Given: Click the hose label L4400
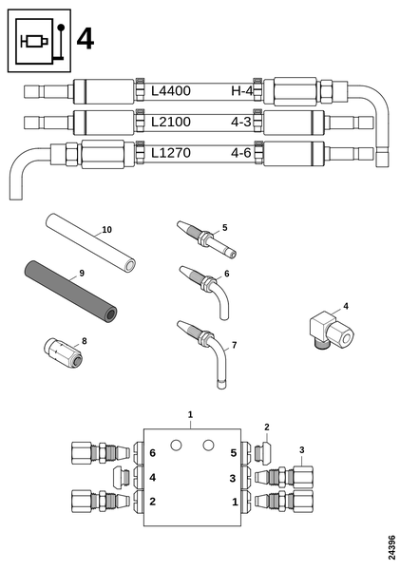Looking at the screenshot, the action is [x=170, y=90].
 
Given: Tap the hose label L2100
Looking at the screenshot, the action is [x=170, y=122].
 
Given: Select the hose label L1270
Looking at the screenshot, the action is [x=170, y=153].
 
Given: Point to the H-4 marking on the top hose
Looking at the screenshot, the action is [x=242, y=90].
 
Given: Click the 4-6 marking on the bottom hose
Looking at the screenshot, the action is [x=241, y=153].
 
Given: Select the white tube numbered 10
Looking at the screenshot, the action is [x=90, y=242].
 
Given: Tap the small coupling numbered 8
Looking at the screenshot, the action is [x=63, y=353].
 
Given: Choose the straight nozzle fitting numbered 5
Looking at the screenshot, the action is [x=206, y=238].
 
